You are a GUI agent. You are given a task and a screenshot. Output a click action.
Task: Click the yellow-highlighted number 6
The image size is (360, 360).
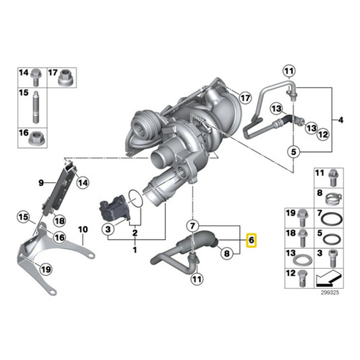pos(251,240)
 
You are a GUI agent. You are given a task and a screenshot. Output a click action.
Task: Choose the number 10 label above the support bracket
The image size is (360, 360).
pos(83,229)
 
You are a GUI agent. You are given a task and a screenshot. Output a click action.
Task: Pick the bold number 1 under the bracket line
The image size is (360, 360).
pos(135,250)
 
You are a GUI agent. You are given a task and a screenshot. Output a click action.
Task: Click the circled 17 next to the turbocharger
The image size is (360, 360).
pos(245,97)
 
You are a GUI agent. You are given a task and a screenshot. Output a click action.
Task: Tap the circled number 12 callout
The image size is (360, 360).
pos(323,135)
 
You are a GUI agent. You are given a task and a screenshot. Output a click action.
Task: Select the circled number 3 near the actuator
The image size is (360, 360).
pos(107,229)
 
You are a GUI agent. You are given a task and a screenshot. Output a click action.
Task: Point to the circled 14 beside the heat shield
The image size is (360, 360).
pos(82,183)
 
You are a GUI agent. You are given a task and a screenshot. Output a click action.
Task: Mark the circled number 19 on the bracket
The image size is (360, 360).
pos(45,268)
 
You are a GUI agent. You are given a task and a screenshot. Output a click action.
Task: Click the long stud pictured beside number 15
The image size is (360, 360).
pos(35,106)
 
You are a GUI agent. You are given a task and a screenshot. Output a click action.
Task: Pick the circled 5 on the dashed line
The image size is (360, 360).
pos(293,151)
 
